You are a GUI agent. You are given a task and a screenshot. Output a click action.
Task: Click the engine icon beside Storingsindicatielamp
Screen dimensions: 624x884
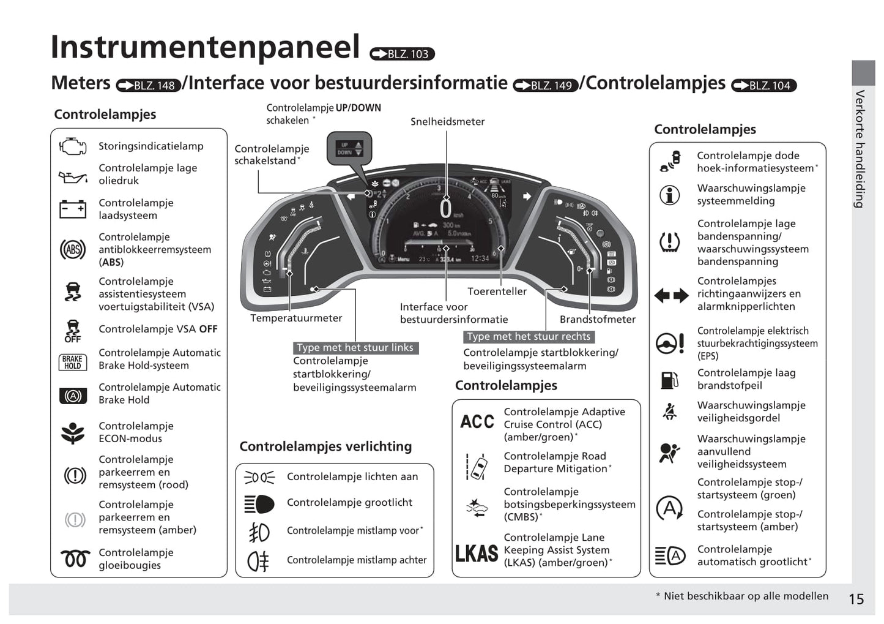tap(73, 146)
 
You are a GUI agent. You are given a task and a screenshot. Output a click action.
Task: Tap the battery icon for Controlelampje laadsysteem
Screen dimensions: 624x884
tap(73, 209)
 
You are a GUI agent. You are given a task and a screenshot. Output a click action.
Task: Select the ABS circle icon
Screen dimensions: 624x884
tap(73, 249)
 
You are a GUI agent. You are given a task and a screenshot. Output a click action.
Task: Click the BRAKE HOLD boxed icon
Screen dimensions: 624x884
tap(73, 363)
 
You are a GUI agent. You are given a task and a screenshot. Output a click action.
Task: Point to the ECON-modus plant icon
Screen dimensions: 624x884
tap(73, 432)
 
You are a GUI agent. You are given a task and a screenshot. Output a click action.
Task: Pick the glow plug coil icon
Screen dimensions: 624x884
tap(75, 558)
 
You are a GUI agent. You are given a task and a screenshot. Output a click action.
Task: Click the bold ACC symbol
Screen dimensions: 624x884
tap(477, 422)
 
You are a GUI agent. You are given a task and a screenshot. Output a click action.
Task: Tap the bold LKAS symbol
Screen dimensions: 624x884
tap(477, 553)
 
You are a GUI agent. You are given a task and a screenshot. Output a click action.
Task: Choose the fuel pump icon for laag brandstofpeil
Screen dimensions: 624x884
tap(669, 380)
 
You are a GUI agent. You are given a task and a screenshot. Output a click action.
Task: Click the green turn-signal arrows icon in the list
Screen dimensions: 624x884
tap(671, 296)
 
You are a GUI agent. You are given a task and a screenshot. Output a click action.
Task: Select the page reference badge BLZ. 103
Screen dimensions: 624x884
tap(402, 55)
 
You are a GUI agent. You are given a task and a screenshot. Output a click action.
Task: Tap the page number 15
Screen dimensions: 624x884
tap(856, 599)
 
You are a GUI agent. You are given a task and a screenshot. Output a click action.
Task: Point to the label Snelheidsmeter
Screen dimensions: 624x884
tap(447, 122)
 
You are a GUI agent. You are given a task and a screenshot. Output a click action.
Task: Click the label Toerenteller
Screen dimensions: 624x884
tap(497, 291)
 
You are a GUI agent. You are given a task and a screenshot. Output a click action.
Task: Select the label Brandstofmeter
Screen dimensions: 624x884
tap(597, 319)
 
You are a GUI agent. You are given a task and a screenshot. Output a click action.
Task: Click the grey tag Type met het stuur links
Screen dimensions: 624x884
tap(355, 348)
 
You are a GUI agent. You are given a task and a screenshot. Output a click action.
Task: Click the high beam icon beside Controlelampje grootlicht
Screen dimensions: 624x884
tap(259, 503)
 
